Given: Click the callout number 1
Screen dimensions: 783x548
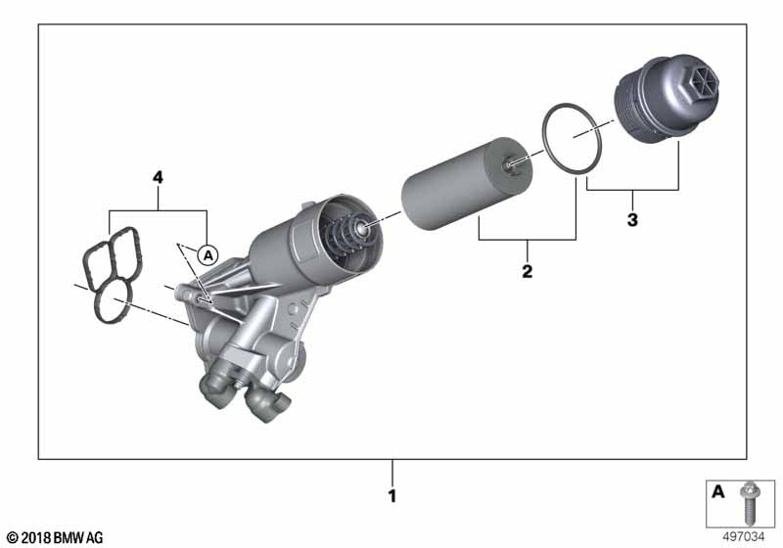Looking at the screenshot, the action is (392, 495).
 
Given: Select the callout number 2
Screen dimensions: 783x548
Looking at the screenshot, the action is (528, 271).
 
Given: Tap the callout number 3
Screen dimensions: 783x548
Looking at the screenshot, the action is (632, 219).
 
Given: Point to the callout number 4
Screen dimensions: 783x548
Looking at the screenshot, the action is (158, 177).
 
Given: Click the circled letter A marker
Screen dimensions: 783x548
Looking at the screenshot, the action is (207, 255).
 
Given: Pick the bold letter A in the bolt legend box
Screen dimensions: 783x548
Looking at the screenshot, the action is (717, 491).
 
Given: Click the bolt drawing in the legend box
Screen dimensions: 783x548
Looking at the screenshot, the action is (749, 503).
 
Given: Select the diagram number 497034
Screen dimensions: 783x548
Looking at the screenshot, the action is (744, 537).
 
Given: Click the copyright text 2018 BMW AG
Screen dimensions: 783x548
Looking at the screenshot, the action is (56, 537).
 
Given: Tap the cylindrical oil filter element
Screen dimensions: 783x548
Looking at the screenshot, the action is (468, 184).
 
